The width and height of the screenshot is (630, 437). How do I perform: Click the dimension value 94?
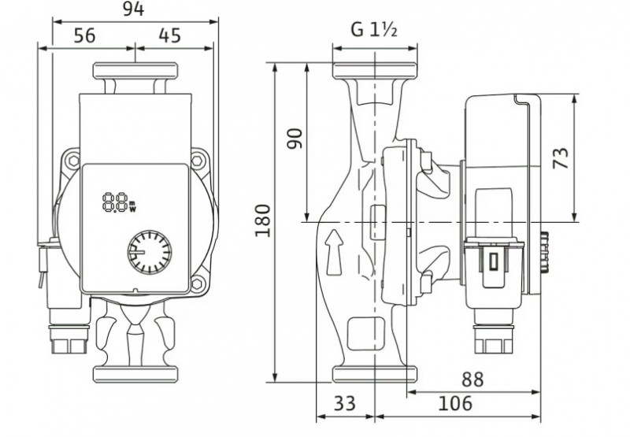(133, 9)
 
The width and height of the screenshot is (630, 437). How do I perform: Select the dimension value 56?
(85, 35)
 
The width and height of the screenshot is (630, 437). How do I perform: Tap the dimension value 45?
(170, 35)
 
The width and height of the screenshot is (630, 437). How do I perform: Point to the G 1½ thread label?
(374, 30)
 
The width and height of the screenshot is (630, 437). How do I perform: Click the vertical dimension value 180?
(263, 220)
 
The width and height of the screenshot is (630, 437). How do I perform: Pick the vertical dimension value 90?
(295, 139)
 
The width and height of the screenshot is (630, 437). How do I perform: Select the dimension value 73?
(561, 158)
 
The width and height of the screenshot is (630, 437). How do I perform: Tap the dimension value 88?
(472, 379)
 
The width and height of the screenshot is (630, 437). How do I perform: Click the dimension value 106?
(455, 403)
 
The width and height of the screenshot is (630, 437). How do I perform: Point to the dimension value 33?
(345, 403)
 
